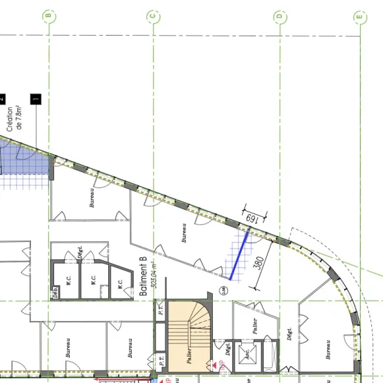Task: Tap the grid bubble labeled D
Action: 279,16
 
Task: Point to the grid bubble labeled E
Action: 359,16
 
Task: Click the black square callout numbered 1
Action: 36,100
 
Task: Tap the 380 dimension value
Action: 259,264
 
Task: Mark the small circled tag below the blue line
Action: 225,288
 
